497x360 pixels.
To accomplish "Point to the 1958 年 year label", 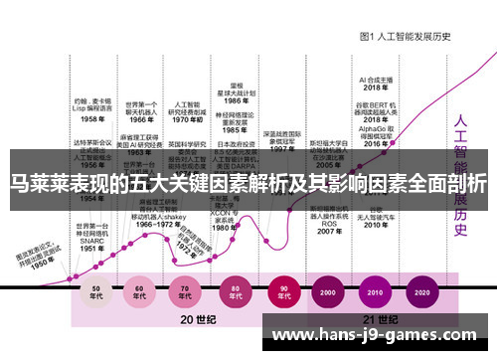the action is [x=92, y=118].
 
